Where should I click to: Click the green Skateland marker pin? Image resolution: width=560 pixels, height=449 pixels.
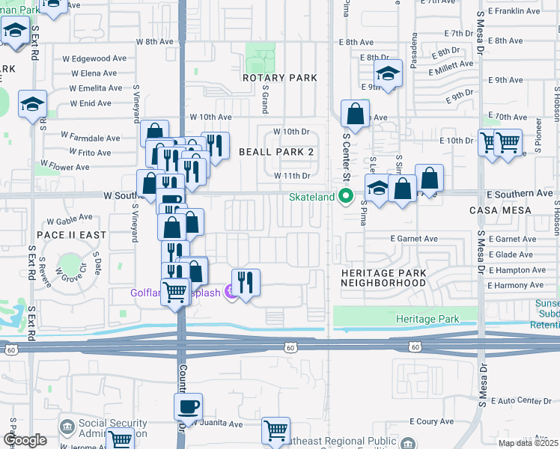pos(346,198)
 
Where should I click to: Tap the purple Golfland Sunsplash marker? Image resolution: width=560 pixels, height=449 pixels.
pos(231,293)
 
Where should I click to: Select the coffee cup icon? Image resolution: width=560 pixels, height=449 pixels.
pos(188,407)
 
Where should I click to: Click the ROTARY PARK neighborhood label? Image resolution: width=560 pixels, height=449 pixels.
pos(279,78)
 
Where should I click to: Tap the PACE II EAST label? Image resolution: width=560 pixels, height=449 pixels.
pos(71,235)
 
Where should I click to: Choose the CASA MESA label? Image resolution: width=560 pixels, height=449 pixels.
pos(500,210)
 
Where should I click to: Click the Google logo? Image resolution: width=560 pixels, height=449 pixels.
pos(25,440)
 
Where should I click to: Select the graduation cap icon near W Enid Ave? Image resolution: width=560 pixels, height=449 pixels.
pos(33,105)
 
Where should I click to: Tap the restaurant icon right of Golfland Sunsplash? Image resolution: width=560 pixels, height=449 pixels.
pos(246,283)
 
